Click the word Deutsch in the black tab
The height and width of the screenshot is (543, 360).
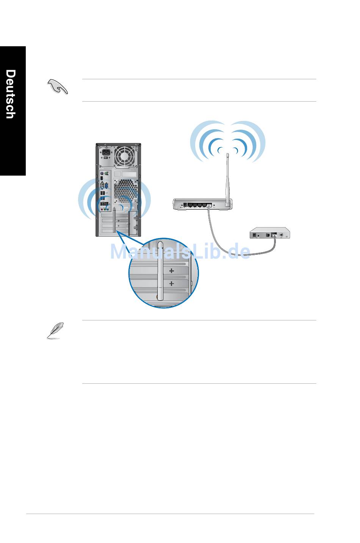tap(11, 94)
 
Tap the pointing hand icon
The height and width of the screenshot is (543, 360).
tap(58, 86)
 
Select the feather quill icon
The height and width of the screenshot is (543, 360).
tap(55, 330)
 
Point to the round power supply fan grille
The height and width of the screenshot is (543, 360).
tap(124, 156)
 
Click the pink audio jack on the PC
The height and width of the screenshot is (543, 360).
tap(102, 209)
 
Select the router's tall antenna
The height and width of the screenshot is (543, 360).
tap(227, 180)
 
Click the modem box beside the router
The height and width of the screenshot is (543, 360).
tap(270, 233)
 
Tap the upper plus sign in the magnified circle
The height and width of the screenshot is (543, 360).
tap(172, 270)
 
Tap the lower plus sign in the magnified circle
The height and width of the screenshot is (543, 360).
tap(172, 283)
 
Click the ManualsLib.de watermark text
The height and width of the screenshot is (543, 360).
tap(180, 252)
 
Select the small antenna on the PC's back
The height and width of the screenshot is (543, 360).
tap(114, 220)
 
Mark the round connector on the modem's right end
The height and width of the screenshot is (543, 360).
tap(281, 235)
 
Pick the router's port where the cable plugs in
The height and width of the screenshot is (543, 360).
tap(208, 205)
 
